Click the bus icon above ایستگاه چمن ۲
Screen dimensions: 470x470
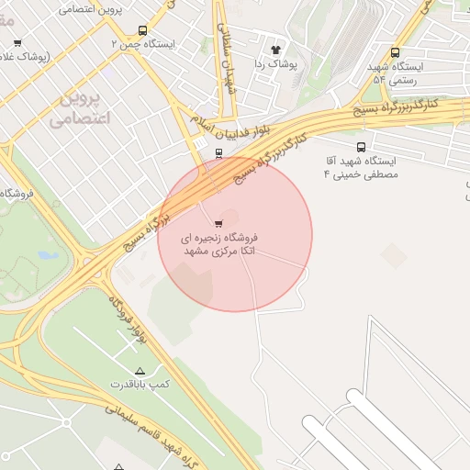pos(140,30)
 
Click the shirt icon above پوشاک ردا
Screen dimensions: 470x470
pos(274,50)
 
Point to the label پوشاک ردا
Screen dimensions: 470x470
pos(274,63)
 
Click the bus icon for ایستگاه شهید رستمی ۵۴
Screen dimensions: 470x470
pos(395,53)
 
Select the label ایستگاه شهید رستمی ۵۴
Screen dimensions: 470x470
pos(396,73)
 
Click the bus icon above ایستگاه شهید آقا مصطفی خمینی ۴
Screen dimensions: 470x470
pos(360,147)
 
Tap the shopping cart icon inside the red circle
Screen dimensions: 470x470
pos(218,223)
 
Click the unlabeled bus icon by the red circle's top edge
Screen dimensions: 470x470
pos(218,154)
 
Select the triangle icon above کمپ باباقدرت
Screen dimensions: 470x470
pos(140,370)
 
